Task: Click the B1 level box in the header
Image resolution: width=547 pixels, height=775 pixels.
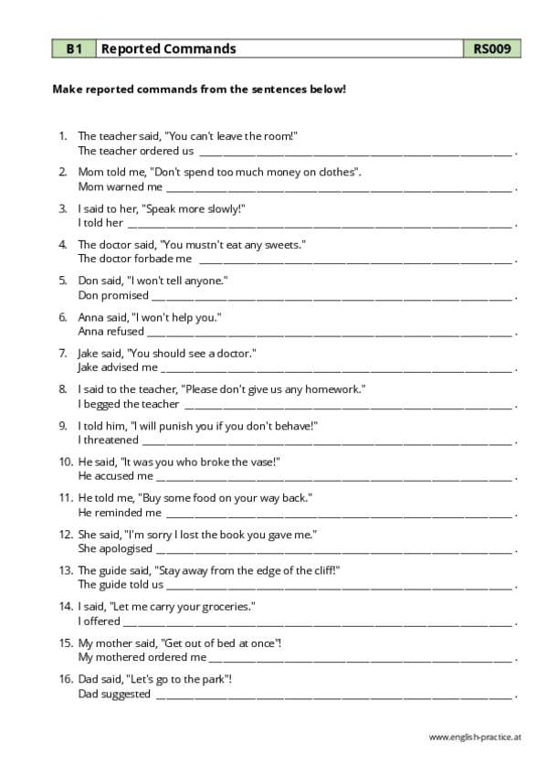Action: pos(73,48)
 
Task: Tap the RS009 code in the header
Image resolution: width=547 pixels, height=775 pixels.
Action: pos(492,48)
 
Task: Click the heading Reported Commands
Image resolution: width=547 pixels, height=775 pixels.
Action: pos(167,48)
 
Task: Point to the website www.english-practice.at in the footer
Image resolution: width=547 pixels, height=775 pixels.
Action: pos(474,737)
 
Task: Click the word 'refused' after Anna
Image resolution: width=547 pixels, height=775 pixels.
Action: pos(125,331)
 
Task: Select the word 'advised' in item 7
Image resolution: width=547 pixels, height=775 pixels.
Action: pos(121,367)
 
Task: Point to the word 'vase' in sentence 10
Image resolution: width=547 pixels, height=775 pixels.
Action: pos(258,462)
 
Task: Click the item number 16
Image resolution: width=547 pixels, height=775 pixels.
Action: pos(65,679)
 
